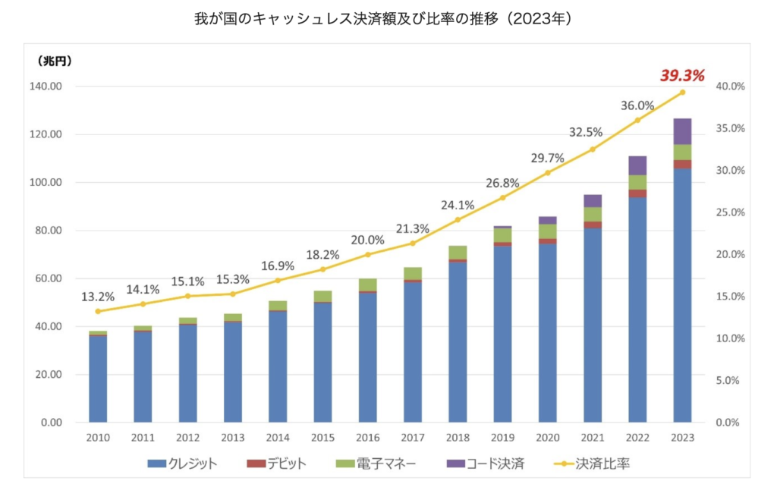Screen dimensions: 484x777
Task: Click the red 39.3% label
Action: tap(682, 76)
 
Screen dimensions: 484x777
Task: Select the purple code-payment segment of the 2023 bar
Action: tap(682, 131)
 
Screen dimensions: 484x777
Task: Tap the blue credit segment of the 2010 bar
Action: tap(98, 378)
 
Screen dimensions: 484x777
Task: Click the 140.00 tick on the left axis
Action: tap(46, 86)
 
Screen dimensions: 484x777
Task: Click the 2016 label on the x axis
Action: tap(367, 438)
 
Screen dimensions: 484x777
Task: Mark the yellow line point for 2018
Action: tap(458, 220)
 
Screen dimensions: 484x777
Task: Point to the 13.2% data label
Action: tap(99, 297)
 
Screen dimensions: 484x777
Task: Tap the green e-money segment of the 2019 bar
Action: tap(502, 235)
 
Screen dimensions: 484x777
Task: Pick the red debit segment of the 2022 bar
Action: tap(637, 193)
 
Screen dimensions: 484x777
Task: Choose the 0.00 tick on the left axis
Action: tap(51, 423)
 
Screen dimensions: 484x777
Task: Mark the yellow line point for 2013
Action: tap(233, 294)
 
